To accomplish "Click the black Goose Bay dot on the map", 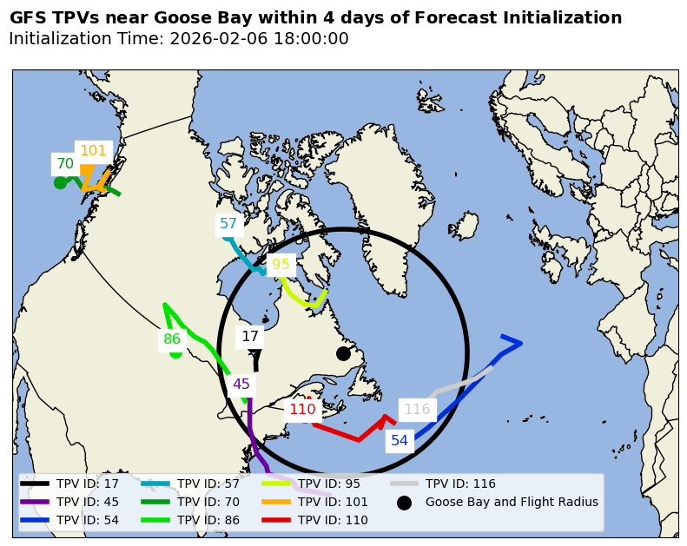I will (x=343, y=353).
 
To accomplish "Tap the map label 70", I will (x=65, y=163).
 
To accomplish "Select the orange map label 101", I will (x=93, y=151).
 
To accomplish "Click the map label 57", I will (x=228, y=224).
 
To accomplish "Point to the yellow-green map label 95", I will (x=281, y=265).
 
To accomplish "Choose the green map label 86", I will (x=172, y=339).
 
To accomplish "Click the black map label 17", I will (x=250, y=337).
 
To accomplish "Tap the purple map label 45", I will (x=241, y=385).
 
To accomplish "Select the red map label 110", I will (x=302, y=410).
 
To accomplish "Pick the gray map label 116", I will (x=417, y=410).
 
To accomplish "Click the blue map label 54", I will (x=400, y=441).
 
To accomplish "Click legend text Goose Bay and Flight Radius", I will (x=512, y=502).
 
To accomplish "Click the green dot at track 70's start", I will (x=60, y=182).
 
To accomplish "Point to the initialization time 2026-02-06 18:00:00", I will (x=259, y=39).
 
